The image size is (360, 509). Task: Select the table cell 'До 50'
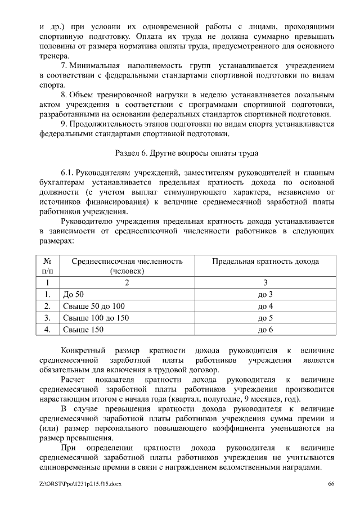[x=73, y=295]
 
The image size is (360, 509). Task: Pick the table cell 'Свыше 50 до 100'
[x=94, y=307]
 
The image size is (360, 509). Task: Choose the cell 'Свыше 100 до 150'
[x=96, y=318]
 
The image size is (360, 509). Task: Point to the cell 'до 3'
[x=265, y=295]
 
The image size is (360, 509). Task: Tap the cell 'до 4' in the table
[x=265, y=307]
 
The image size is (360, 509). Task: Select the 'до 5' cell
[x=265, y=318]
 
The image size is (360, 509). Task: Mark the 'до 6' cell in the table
[x=265, y=330]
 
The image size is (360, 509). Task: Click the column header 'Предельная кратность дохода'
[x=265, y=262]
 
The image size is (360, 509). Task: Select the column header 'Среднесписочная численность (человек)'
[x=127, y=266]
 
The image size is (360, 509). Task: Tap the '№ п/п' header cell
[x=48, y=266]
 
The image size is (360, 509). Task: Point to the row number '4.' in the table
[x=48, y=330]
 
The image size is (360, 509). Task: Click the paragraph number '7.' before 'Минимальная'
[x=65, y=66]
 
